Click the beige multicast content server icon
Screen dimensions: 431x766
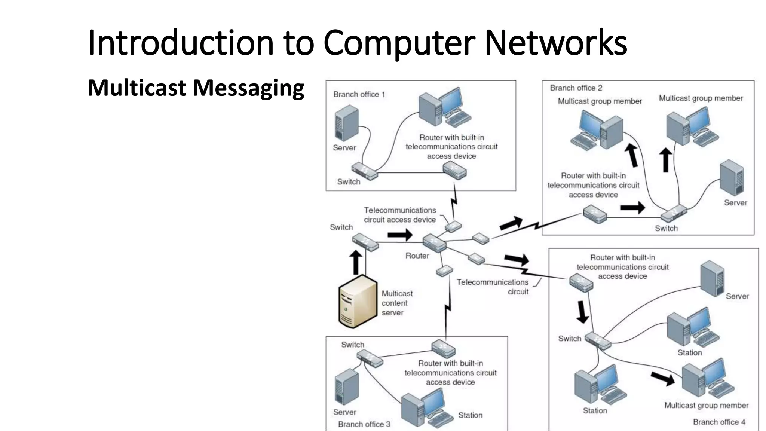point(357,302)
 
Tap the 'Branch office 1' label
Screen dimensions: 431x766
point(359,94)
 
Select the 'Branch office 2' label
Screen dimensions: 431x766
point(576,88)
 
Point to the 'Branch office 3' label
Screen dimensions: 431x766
point(364,424)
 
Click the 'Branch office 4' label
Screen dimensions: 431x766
point(719,422)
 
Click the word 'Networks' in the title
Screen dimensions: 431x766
point(555,43)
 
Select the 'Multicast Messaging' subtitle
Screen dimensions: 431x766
point(196,88)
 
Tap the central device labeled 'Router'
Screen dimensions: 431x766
point(434,243)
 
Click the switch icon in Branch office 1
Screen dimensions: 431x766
point(364,171)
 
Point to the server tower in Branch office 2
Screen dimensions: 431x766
point(732,178)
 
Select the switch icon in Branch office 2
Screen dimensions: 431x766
point(674,214)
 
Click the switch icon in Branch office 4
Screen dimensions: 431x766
point(598,340)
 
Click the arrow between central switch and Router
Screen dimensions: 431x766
point(399,235)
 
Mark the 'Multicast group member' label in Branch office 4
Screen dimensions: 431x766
point(706,405)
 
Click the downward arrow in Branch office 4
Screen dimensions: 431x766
point(582,312)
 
